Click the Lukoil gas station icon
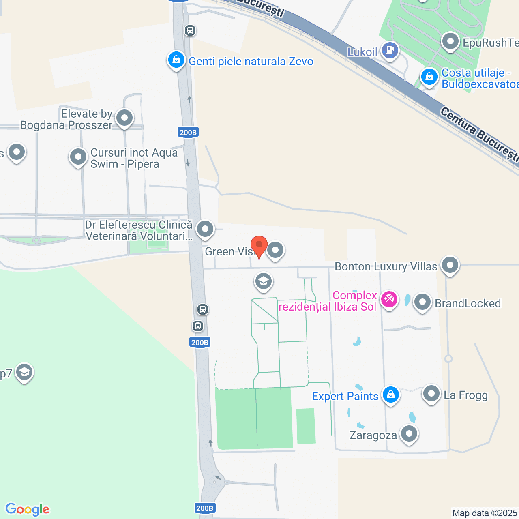click(x=390, y=51)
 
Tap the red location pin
click(x=259, y=246)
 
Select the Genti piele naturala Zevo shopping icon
click(x=176, y=60)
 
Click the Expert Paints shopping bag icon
click(x=391, y=394)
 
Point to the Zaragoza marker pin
click(x=409, y=434)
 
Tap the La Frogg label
click(x=465, y=395)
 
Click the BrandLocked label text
click(x=468, y=303)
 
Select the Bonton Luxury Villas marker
click(x=450, y=265)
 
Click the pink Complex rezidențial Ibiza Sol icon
click(x=389, y=300)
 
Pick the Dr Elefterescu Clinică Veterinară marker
click(x=205, y=229)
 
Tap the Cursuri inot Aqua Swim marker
click(x=78, y=157)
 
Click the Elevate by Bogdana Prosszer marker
click(x=124, y=118)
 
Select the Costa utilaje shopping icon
click(x=429, y=77)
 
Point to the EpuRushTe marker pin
click(x=450, y=41)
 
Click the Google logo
click(x=28, y=509)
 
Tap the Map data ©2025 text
click(x=485, y=513)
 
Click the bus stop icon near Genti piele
click(x=190, y=30)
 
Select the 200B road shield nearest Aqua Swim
click(x=188, y=133)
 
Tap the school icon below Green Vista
click(x=264, y=281)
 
